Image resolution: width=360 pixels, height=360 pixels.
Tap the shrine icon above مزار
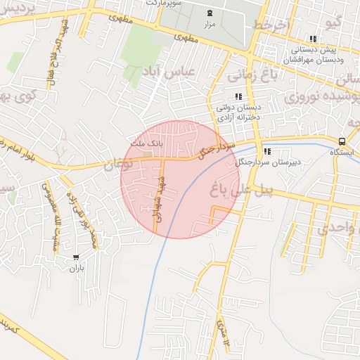click(210, 13)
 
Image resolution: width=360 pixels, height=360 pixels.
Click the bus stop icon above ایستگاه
click(342, 141)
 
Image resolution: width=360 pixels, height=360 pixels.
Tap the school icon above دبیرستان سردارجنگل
click(266, 151)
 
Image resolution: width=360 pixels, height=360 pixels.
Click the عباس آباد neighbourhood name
click(169, 71)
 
